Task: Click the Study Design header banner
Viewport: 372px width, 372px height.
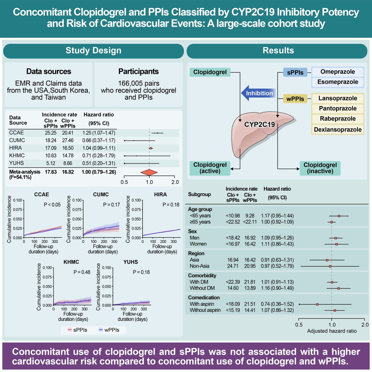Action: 93,51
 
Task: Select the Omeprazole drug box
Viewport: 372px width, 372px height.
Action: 337,72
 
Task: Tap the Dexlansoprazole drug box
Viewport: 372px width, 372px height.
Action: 337,130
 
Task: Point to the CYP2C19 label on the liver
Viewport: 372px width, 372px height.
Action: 259,125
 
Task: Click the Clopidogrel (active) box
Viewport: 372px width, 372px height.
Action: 210,168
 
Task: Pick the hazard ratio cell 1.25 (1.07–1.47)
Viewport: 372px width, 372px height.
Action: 99,133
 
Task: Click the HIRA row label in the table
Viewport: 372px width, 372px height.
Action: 15,148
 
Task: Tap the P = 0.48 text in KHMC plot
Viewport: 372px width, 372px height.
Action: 82,272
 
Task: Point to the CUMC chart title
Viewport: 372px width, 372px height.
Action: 101,195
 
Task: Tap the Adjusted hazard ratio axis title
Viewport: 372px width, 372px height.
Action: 332,331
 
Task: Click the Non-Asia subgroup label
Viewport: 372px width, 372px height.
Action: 199,266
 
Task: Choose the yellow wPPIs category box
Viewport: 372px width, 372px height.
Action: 295,99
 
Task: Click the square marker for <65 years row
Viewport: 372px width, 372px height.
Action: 339,216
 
